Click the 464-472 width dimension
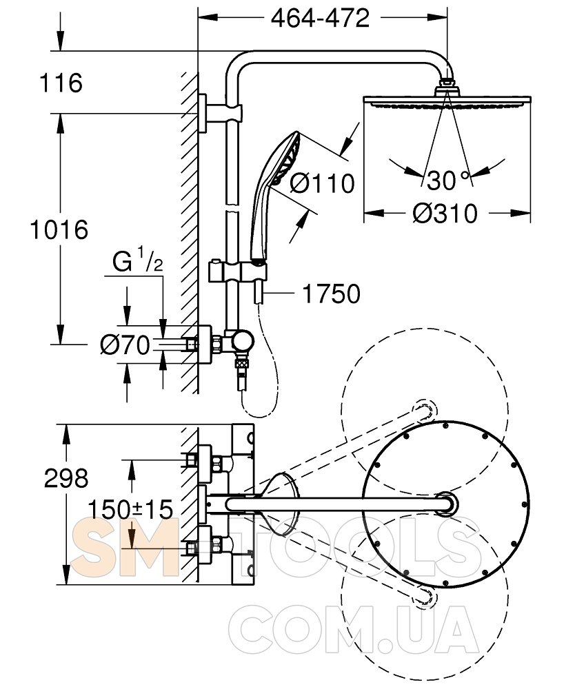pyautogui.click(x=320, y=19)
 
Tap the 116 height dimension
pyautogui.click(x=61, y=83)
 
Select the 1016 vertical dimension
pyautogui.click(x=59, y=230)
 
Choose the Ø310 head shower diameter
pyautogui.click(x=445, y=214)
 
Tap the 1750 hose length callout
pyautogui.click(x=331, y=294)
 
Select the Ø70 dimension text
pyautogui.click(x=125, y=345)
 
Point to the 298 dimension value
pyautogui.click(x=66, y=478)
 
